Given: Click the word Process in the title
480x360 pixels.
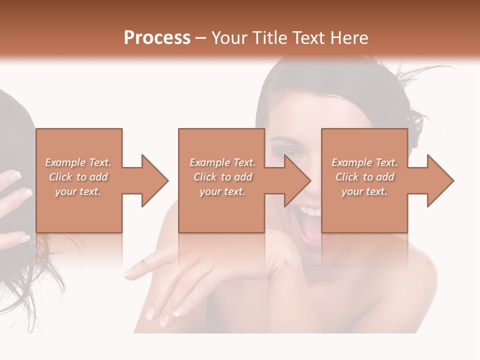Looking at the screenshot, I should [157, 37].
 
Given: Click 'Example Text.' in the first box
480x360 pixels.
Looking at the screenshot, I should [78, 162].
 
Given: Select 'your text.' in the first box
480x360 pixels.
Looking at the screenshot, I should [78, 191].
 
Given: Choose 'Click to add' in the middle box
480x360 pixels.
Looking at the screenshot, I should [222, 177].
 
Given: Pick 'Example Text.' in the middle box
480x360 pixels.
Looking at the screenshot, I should [222, 162].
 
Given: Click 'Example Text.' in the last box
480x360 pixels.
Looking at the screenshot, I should [364, 162].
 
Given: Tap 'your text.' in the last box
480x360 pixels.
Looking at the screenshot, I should [364, 191].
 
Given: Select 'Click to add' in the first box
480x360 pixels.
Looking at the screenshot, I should [78, 177].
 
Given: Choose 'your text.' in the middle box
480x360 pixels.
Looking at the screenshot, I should [222, 191].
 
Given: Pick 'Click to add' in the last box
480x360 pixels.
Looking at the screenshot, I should [364, 177].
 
